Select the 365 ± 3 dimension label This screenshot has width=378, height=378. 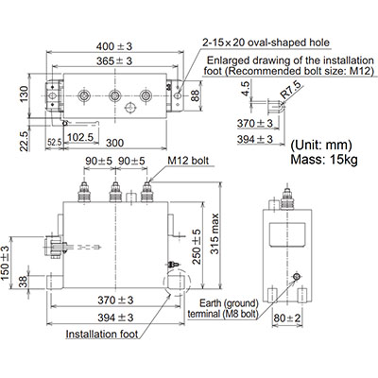pos(116,61)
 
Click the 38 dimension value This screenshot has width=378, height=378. pos(23,280)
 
